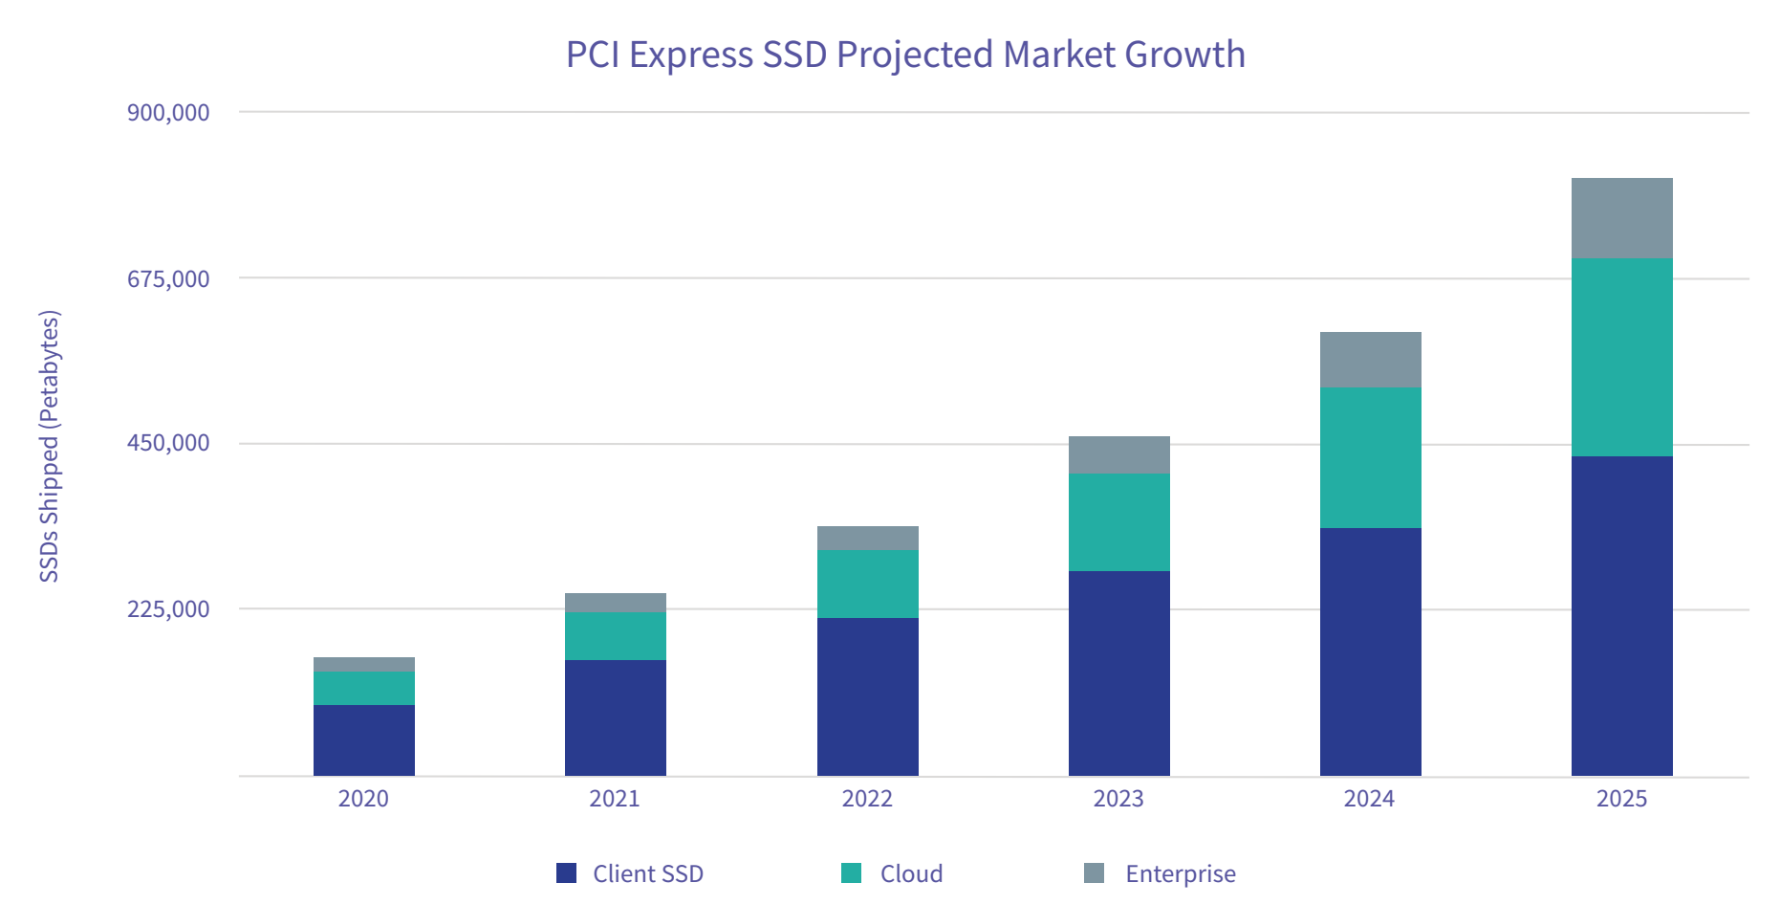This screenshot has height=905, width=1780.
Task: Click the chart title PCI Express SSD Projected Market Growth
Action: click(905, 55)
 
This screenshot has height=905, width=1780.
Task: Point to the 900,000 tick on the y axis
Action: click(168, 113)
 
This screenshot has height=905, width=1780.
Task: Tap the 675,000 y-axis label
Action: click(168, 278)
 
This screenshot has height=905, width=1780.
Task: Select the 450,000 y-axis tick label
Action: click(168, 443)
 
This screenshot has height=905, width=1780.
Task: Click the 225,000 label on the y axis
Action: click(168, 608)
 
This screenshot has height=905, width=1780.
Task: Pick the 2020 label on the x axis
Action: click(363, 799)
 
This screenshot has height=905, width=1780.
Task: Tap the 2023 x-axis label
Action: click(1118, 799)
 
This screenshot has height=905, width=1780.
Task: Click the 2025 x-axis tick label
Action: click(1621, 799)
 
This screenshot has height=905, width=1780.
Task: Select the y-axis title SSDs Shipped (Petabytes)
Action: click(50, 446)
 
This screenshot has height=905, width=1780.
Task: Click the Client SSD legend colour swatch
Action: click(567, 873)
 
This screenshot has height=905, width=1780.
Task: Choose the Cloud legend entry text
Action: click(911, 873)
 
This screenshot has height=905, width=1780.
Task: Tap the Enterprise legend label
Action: click(1181, 873)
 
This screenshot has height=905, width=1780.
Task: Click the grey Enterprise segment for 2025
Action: click(1621, 218)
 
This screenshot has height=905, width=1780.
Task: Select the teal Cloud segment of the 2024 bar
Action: click(1370, 457)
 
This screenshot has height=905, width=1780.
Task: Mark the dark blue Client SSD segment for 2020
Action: click(363, 739)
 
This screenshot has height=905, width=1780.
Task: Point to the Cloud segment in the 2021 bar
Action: click(615, 635)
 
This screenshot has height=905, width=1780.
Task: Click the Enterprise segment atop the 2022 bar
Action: click(867, 538)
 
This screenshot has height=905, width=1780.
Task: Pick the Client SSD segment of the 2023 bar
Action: click(1118, 673)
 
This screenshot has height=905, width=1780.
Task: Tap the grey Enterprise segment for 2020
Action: click(363, 664)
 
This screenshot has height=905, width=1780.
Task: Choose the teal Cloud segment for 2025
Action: click(1621, 357)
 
